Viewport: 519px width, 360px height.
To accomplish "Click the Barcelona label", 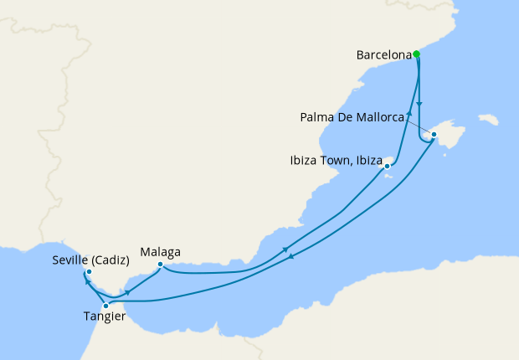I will [x=384, y=55].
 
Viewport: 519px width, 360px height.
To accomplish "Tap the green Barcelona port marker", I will [x=417, y=55].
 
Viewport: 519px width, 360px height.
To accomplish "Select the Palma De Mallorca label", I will [x=352, y=117].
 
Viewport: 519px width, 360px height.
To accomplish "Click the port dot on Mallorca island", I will [x=434, y=134].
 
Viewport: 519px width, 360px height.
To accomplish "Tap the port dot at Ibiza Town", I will [x=387, y=166].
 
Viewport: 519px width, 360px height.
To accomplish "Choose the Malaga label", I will [x=161, y=251].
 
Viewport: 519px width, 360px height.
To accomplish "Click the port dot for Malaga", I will [x=160, y=265].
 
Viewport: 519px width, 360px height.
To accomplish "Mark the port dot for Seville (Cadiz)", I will [x=89, y=272].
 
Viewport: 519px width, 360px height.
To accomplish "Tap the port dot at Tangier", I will [x=105, y=306].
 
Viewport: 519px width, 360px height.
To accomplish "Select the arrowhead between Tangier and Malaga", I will [x=126, y=292].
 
